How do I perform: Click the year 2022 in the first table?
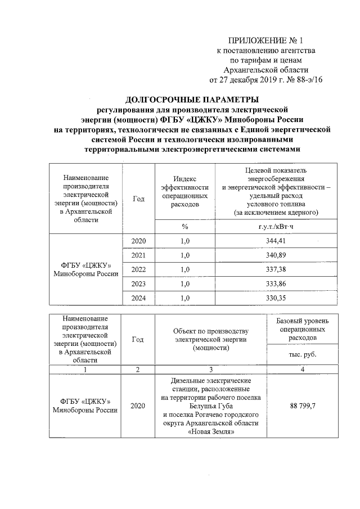pyautogui.click(x=138, y=269)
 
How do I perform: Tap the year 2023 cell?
pyautogui.click(x=138, y=283)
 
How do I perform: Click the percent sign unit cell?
pyautogui.click(x=184, y=226)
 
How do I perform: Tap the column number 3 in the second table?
pyautogui.click(x=210, y=369)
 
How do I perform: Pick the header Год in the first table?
pyautogui.click(x=138, y=199)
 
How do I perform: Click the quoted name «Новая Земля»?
pyautogui.click(x=210, y=432)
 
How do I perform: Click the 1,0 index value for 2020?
pyautogui.click(x=184, y=241)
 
